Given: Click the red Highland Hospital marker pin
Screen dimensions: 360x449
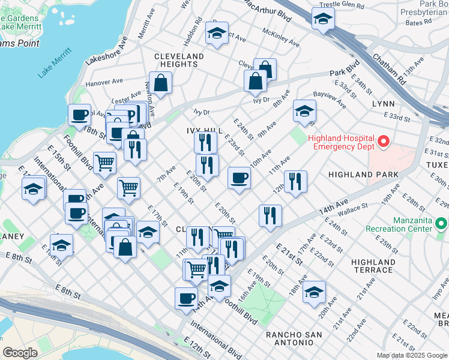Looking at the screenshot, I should (382, 142).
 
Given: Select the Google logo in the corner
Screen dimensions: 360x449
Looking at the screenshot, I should (20, 352).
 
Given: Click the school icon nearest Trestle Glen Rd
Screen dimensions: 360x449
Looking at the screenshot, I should (323, 19).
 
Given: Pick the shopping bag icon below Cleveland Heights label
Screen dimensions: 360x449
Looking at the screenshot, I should (161, 84).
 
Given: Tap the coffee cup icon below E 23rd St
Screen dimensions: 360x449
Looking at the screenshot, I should (239, 178).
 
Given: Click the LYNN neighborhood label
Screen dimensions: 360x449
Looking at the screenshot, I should (383, 104).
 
